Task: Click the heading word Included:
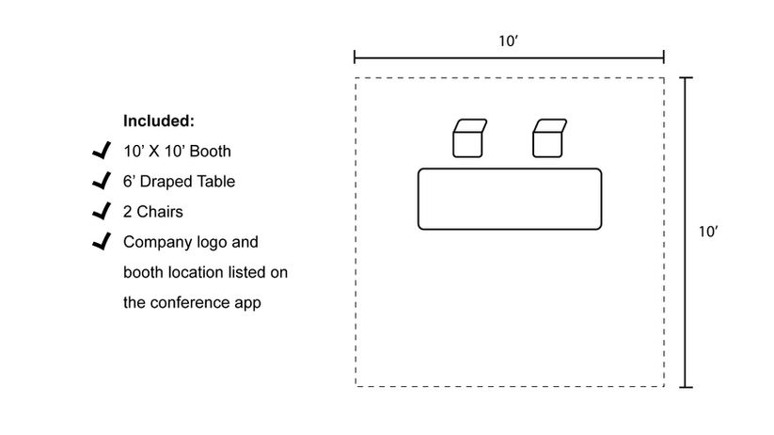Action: [159, 121]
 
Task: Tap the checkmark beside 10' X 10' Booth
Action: [101, 151]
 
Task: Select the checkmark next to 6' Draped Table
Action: [101, 181]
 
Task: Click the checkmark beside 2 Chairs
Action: [101, 211]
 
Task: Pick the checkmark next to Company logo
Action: [101, 242]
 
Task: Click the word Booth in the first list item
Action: [211, 151]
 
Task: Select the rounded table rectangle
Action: [509, 199]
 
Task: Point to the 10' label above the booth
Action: [509, 40]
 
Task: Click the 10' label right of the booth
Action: [709, 232]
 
